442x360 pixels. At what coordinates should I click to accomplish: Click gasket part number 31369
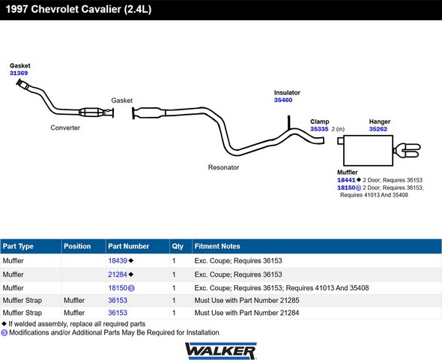(19, 73)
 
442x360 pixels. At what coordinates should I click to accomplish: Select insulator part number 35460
(283, 100)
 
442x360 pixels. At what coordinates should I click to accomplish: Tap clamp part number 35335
(319, 129)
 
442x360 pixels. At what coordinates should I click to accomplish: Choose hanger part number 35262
(378, 129)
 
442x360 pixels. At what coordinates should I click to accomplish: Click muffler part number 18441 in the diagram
(346, 180)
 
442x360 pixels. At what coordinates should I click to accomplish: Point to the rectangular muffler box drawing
(368, 151)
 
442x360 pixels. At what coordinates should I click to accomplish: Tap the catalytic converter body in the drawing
(90, 112)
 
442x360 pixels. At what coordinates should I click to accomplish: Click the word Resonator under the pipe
(223, 167)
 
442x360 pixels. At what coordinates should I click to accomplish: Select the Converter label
(65, 127)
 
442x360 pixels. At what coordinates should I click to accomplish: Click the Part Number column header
(129, 246)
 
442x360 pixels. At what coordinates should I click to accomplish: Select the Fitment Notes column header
(217, 246)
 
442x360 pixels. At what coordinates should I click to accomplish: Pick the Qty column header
(178, 246)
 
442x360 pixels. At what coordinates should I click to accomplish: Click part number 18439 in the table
(118, 261)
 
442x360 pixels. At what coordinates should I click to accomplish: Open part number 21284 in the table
(118, 274)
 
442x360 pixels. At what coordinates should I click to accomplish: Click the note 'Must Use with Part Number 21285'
(246, 301)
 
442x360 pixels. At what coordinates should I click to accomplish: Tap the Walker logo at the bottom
(221, 351)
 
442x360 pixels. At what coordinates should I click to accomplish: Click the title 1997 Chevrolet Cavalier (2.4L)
(79, 9)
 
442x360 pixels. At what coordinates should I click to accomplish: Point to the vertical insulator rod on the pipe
(289, 122)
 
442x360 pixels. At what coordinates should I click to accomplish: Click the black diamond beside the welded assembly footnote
(4, 323)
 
